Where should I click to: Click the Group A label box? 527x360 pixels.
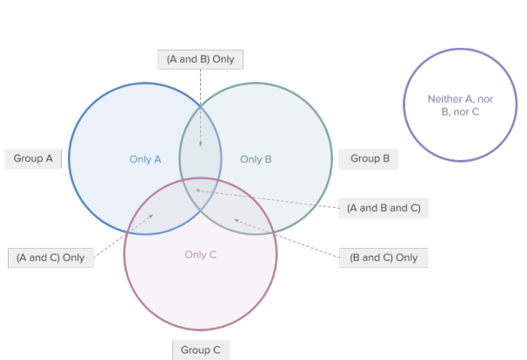[x=33, y=159]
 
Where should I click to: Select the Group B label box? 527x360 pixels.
[x=369, y=158]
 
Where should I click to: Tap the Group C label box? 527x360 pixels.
[x=201, y=350]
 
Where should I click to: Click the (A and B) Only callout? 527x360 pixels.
[x=201, y=59]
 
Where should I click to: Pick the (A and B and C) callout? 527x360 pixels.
[x=383, y=208]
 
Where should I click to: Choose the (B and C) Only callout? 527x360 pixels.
[x=383, y=257]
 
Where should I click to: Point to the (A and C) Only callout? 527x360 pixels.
[x=50, y=257]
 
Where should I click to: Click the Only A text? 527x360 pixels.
[x=145, y=159]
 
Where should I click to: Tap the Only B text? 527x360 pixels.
[x=256, y=159]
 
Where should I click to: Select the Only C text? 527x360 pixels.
[x=200, y=255]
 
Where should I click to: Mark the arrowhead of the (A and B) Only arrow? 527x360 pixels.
[x=200, y=144]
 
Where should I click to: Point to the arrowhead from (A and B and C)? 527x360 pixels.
[x=197, y=190]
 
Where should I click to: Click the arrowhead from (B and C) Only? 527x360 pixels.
[x=236, y=220]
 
